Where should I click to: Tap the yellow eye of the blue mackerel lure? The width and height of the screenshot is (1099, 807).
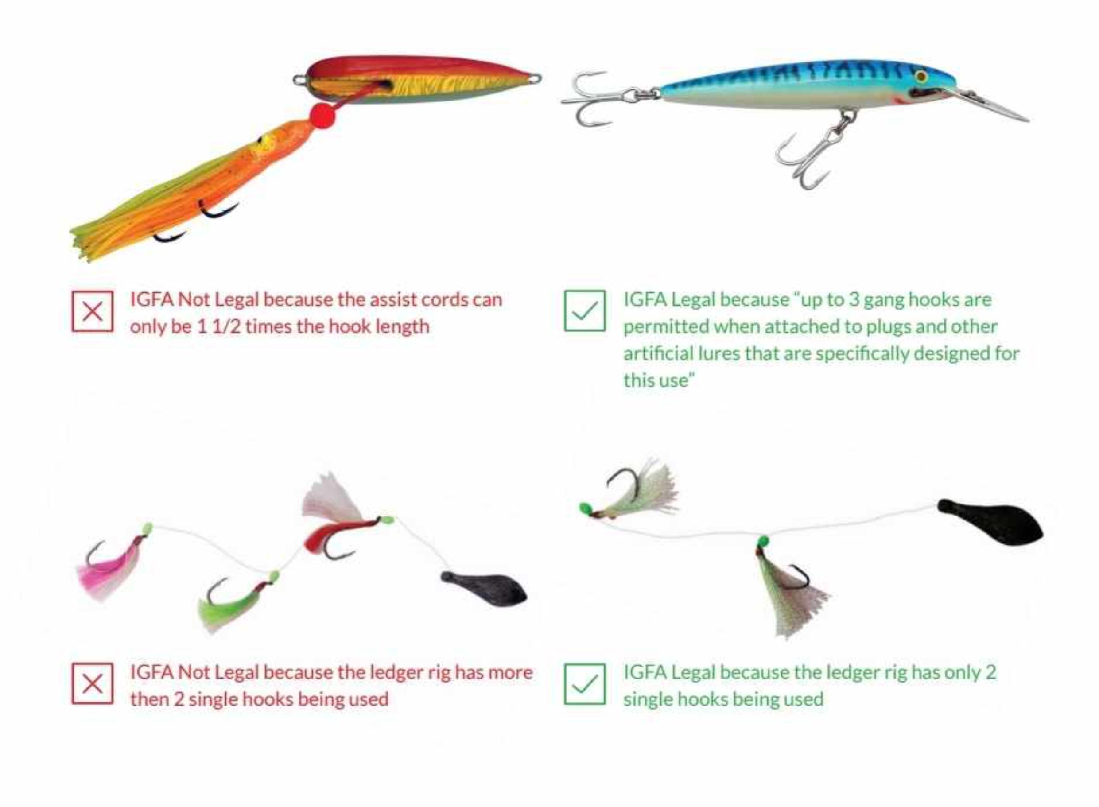921,77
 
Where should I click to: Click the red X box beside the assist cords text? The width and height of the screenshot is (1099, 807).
92,311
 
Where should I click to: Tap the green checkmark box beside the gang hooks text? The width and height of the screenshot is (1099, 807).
584,311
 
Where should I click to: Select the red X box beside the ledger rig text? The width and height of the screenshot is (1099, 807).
92,683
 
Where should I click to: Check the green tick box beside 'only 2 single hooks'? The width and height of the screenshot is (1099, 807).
584,683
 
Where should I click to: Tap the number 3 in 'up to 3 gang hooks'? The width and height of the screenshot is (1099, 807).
853,299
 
